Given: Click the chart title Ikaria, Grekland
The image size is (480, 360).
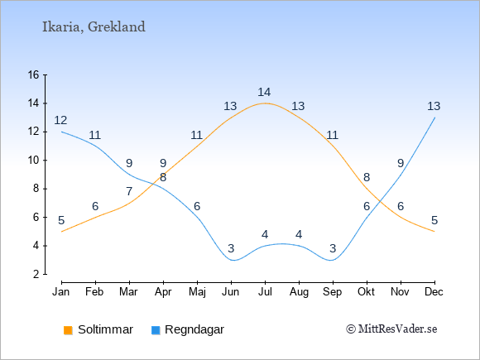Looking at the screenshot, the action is (x=94, y=26).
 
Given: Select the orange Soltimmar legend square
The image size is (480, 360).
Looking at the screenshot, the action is (x=68, y=330).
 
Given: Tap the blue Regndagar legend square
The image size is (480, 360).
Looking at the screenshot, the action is (x=156, y=330).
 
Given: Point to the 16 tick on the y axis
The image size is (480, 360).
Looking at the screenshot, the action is (x=46, y=74).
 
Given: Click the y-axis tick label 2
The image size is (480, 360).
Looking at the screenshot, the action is (x=36, y=274).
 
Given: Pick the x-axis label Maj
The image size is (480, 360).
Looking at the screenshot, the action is (x=197, y=292).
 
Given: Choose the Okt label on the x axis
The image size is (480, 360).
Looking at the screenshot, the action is (x=366, y=292).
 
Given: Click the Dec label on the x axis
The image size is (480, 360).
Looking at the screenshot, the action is (x=434, y=292).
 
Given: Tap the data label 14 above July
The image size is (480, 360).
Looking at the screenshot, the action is (x=264, y=92).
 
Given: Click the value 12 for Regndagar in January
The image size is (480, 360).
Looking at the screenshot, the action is (x=60, y=120).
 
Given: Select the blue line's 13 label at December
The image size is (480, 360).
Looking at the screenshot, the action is (x=434, y=106).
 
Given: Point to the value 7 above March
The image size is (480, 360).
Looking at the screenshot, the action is (x=129, y=191).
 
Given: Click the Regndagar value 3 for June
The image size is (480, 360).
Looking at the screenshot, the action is (x=231, y=248).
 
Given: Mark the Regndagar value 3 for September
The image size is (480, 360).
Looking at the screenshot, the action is (x=333, y=248).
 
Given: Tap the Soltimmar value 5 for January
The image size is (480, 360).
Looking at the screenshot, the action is (x=61, y=220).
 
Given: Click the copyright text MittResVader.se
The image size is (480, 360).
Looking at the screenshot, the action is (x=391, y=329).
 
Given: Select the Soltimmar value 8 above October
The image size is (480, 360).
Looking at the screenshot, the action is (x=367, y=177).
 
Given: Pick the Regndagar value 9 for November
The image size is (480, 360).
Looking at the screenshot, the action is (x=401, y=163).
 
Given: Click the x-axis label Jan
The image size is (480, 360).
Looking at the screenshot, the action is (x=61, y=292).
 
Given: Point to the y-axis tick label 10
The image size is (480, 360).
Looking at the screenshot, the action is (x=34, y=160).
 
